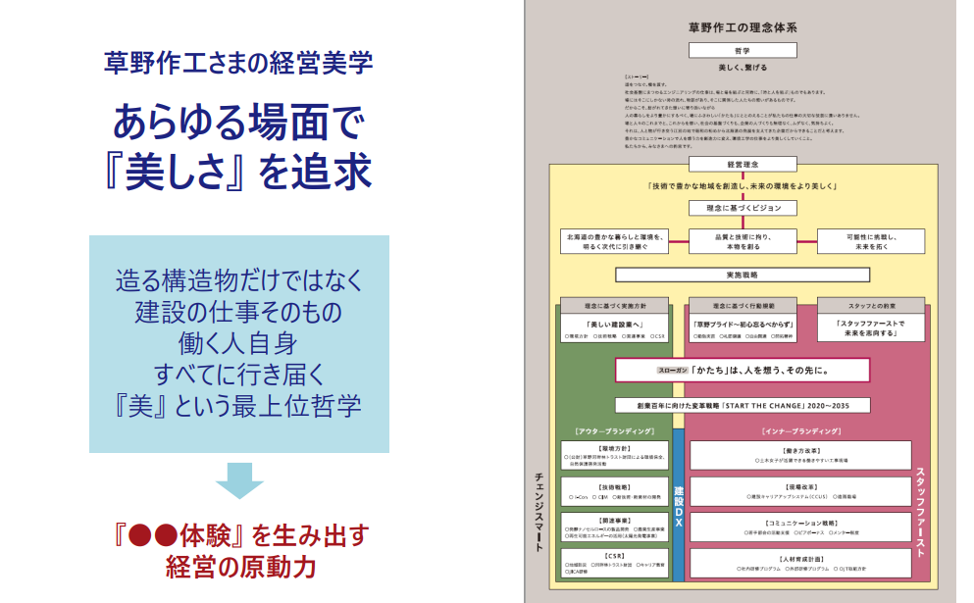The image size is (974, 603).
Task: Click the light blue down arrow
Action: [x=238, y=480]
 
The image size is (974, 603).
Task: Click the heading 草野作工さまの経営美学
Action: [x=238, y=64]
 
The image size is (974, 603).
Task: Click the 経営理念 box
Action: [x=742, y=164]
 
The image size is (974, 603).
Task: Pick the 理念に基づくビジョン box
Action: [x=742, y=208]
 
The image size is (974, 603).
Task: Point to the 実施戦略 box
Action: [x=742, y=276]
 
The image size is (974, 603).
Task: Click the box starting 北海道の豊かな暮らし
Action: [x=613, y=242]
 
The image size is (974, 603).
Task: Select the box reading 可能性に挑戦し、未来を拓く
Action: [x=871, y=242]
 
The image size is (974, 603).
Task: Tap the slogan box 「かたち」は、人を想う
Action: [x=742, y=371]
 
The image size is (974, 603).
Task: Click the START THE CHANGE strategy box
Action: [x=742, y=404]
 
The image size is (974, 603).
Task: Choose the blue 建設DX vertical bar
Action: [x=678, y=506]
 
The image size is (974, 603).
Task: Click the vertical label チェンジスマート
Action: [x=538, y=510]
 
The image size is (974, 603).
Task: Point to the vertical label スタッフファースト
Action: [x=921, y=510]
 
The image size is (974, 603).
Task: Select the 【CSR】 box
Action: [x=614, y=563]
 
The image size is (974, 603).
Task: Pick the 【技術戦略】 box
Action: [x=614, y=491]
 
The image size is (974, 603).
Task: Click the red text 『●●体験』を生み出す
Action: [x=238, y=535]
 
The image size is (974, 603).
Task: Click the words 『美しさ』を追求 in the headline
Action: [x=238, y=171]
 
